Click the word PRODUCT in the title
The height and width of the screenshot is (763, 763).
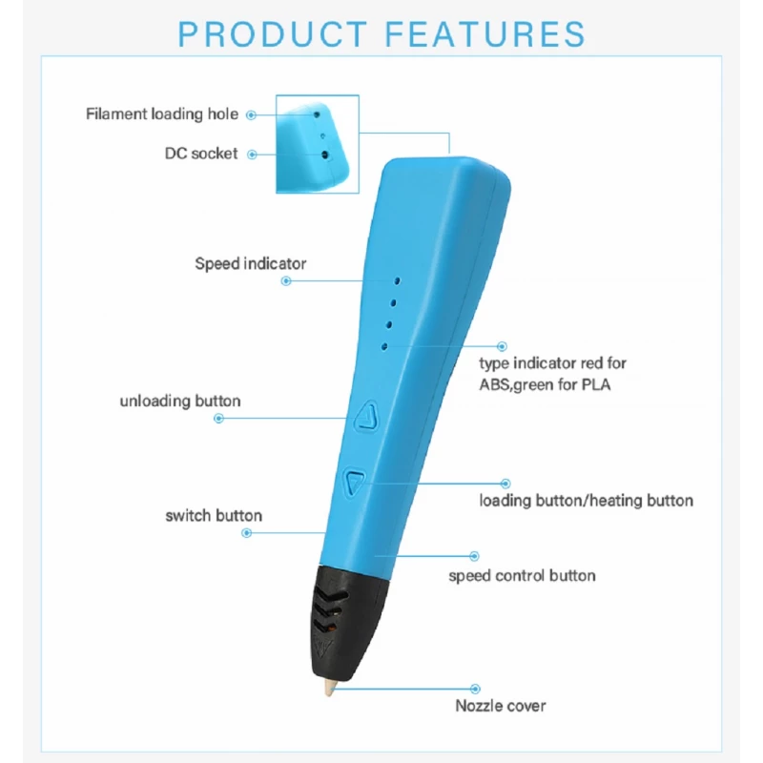(273, 33)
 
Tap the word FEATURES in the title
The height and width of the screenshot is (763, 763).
(485, 33)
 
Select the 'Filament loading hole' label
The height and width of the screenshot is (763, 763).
(162, 114)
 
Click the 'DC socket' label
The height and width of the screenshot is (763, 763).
(201, 154)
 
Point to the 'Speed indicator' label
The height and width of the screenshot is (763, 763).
(251, 264)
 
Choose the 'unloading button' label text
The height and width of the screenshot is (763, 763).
(180, 401)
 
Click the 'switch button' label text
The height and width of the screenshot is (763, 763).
(214, 516)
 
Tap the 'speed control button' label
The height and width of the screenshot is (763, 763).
(522, 576)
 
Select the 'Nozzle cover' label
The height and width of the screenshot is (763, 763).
(500, 706)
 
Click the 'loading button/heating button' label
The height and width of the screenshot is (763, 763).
(586, 501)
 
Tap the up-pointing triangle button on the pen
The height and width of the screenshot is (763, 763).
(367, 417)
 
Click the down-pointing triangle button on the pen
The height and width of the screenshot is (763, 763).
(355, 483)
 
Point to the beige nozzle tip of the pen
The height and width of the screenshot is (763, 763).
(330, 688)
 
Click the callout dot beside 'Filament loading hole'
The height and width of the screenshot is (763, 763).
(251, 115)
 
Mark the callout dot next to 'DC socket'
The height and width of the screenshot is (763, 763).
(252, 155)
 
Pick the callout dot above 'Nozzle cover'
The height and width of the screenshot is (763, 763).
(475, 689)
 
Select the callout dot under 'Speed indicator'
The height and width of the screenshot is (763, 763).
(286, 280)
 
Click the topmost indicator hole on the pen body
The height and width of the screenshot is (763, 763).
(398, 281)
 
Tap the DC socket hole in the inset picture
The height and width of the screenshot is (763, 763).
(325, 155)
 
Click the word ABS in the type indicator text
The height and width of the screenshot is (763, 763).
(493, 385)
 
